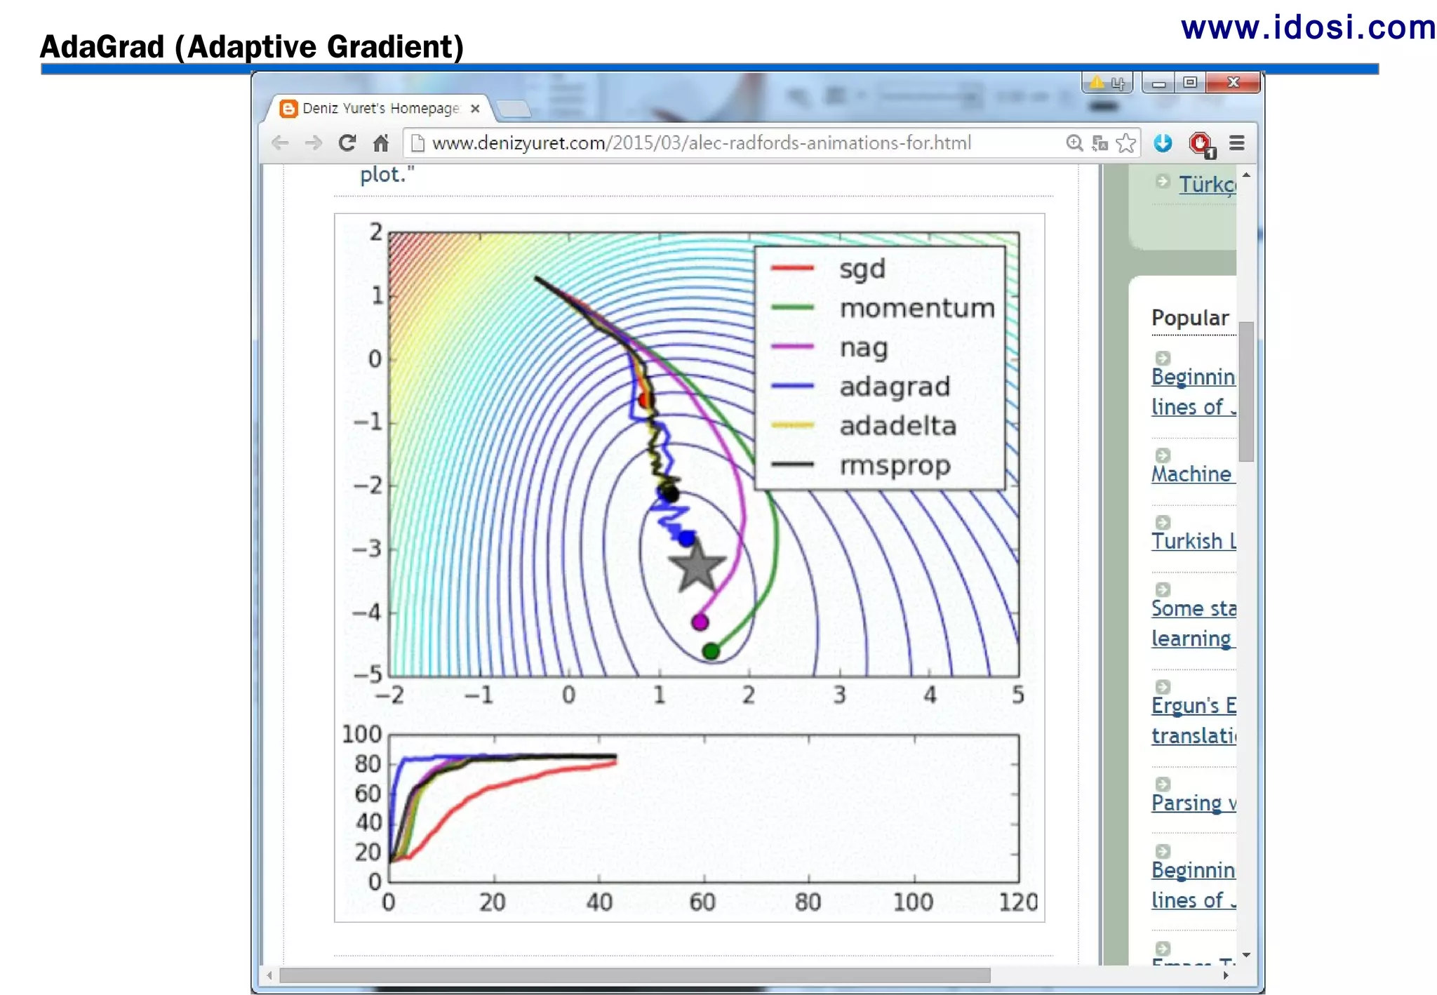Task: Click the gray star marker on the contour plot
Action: click(696, 566)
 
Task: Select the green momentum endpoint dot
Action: click(711, 651)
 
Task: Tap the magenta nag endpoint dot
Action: click(700, 622)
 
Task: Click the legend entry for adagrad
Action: click(894, 387)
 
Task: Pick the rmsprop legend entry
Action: click(895, 465)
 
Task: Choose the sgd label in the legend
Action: click(862, 269)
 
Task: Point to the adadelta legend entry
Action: click(897, 426)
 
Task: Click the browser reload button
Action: click(347, 143)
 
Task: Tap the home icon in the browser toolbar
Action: click(381, 143)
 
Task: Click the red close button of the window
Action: click(1233, 83)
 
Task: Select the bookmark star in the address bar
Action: click(1125, 143)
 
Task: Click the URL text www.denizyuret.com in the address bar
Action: click(519, 143)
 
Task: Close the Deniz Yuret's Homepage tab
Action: click(475, 109)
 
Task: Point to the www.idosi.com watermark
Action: click(1308, 28)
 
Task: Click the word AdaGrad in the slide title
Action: click(102, 47)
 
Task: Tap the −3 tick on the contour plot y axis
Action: click(368, 548)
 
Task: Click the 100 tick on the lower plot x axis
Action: click(913, 902)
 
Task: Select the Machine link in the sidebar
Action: click(1191, 474)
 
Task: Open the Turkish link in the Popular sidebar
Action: click(1193, 541)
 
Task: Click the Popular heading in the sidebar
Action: click(1190, 318)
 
